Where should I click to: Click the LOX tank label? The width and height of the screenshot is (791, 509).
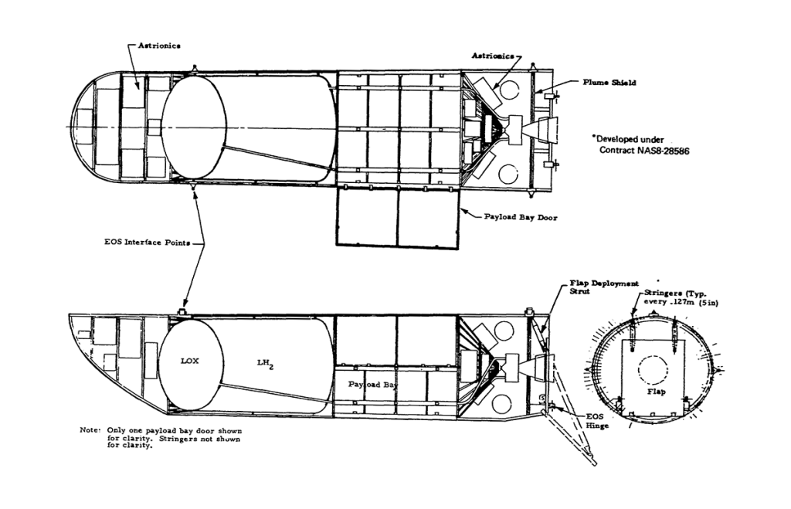(190, 361)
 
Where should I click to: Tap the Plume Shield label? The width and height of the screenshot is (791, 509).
(610, 83)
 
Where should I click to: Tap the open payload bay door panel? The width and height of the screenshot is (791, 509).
(398, 218)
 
